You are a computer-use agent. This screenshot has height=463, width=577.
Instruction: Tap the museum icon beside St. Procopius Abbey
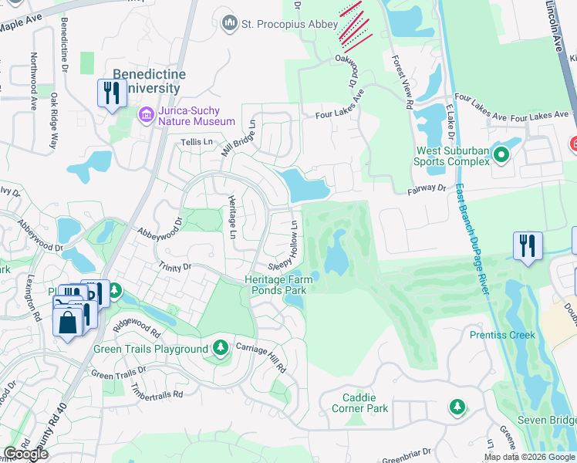coord(229,24)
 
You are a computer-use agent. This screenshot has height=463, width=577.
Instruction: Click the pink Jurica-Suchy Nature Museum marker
coord(145,116)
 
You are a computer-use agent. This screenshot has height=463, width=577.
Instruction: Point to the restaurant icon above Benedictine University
coord(112,93)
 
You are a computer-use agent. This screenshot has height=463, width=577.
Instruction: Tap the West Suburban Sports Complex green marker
coord(501,156)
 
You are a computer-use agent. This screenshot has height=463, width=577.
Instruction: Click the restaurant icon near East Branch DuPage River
coord(528,246)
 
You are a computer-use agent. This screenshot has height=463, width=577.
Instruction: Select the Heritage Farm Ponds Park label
coord(276,285)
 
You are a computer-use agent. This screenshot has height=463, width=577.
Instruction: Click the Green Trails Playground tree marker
coord(221,349)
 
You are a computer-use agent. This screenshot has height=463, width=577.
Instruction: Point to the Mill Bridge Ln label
coord(238,137)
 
